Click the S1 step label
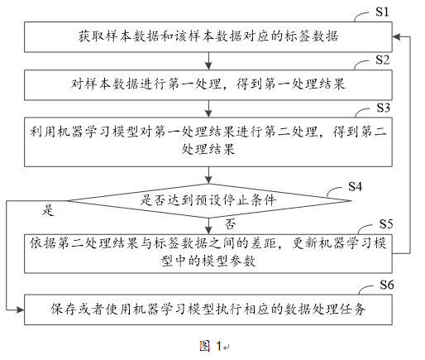pyautogui.click(x=382, y=12)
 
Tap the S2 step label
pyautogui.click(x=382, y=60)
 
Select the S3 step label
pyautogui.click(x=384, y=108)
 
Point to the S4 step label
pyautogui.click(x=355, y=187)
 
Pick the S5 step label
pyautogui.click(x=386, y=224)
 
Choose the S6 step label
pyautogui.click(x=387, y=285)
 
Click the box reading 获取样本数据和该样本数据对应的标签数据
pyautogui.click(x=208, y=37)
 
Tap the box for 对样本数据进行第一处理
pyautogui.click(x=208, y=84)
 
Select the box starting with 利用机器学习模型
pyautogui.click(x=208, y=142)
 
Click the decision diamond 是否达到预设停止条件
pyautogui.click(x=208, y=200)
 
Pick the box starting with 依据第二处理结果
pyautogui.click(x=208, y=254)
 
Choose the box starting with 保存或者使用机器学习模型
pyautogui.click(x=208, y=310)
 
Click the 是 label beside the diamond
pyautogui.click(x=48, y=210)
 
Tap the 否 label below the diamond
pyautogui.click(x=230, y=224)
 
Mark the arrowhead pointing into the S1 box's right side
pyautogui.click(x=396, y=36)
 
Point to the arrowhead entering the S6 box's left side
pyautogui.click(x=20, y=310)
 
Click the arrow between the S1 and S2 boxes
pyautogui.click(x=208, y=61)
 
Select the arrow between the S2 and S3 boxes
pyautogui.click(x=208, y=108)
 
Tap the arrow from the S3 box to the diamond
pyautogui.click(x=208, y=175)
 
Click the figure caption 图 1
pyautogui.click(x=211, y=346)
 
